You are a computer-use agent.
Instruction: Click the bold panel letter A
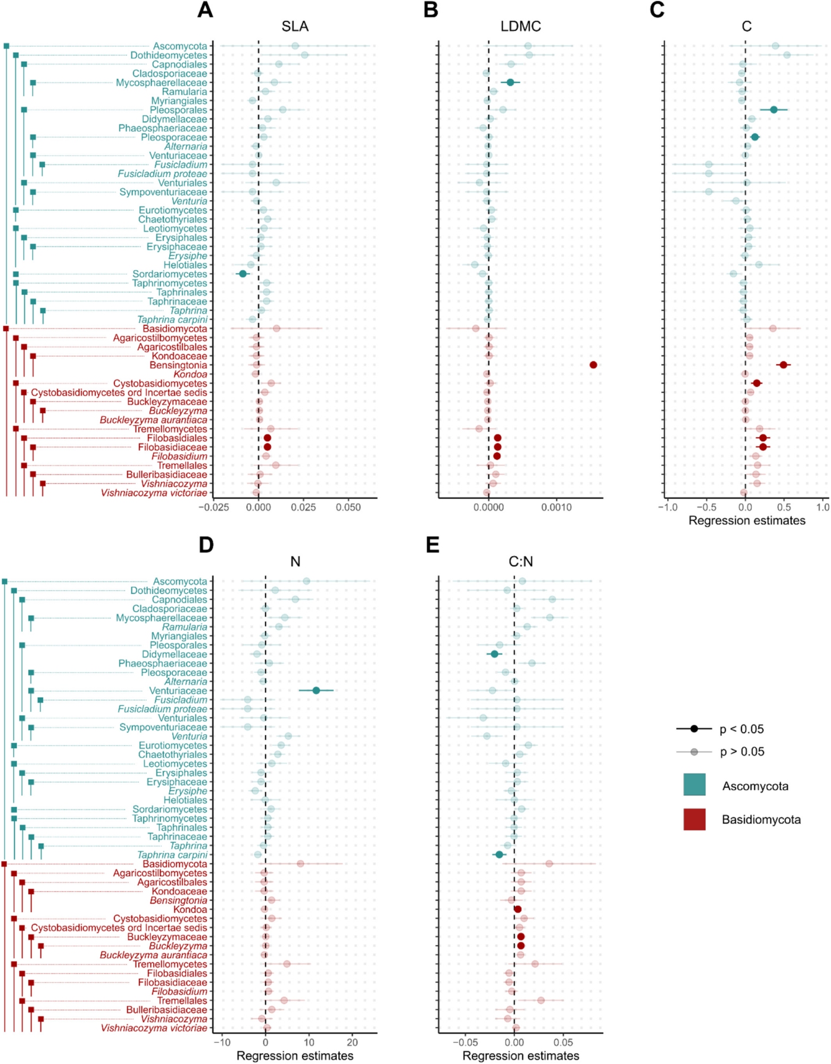point(205,10)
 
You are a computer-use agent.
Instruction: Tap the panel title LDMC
point(520,26)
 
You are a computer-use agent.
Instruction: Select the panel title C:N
point(520,562)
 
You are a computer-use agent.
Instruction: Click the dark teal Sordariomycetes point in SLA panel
point(243,274)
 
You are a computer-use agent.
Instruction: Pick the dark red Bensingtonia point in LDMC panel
point(593,365)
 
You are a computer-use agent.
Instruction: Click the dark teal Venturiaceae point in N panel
point(316,690)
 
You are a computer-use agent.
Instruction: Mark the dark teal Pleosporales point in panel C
point(774,110)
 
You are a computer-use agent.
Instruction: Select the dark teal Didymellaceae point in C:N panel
point(494,654)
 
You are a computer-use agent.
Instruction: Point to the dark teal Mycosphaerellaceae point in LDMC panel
point(510,82)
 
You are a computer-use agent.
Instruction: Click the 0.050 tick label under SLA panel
point(348,507)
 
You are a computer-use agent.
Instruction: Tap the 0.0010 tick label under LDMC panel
point(556,507)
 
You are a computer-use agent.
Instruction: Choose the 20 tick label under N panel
point(352,1043)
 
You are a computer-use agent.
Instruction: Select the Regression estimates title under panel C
point(746,521)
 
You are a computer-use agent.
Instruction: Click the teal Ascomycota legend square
point(694,785)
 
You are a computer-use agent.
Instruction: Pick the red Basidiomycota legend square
point(694,819)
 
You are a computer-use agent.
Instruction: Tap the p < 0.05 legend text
point(742,729)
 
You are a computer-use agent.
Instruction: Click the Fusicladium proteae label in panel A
point(162,174)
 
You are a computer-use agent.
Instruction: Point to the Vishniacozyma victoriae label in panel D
point(154,1028)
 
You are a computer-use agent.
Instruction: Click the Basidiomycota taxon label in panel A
point(174,329)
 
